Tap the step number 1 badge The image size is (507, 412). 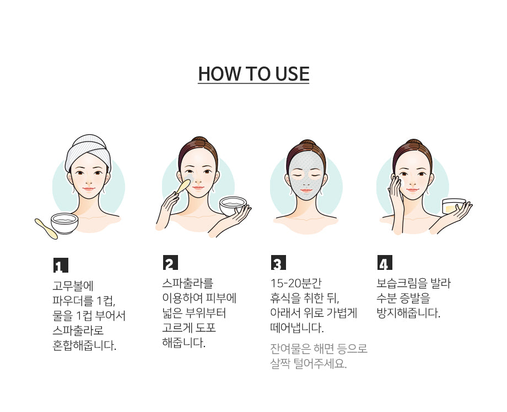click(61, 265)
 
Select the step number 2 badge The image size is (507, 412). click(170, 262)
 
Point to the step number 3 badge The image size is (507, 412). click(278, 262)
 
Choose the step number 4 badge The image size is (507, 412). click(385, 262)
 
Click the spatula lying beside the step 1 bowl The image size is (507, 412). click(46, 229)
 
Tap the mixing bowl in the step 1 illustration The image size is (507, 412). click(64, 223)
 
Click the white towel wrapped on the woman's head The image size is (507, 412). click(88, 152)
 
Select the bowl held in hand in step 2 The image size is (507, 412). click(233, 206)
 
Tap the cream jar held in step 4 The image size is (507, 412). click(454, 206)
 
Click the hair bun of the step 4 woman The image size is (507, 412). click(413, 143)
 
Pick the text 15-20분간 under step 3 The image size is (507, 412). click(296, 283)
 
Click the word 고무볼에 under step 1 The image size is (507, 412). click(73, 286)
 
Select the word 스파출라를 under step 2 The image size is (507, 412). click(188, 283)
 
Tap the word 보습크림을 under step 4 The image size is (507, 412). click(402, 283)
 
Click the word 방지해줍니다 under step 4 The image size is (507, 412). click(408, 313)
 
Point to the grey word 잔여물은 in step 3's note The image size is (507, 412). click(290, 348)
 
